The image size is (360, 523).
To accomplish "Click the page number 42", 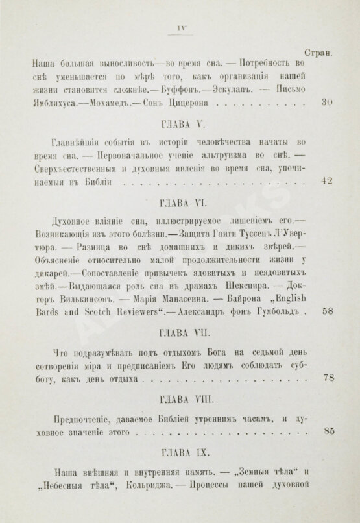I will [327, 182].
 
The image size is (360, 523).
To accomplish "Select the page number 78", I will [327, 378].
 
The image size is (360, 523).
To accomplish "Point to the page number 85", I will [327, 430].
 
